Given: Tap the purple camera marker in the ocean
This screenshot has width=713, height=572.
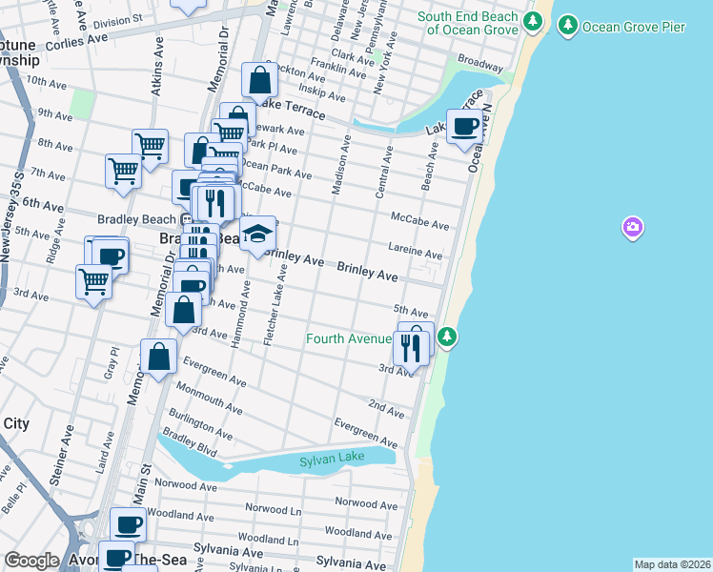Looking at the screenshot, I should coord(633,227).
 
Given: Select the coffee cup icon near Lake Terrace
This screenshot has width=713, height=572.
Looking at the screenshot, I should coord(465,127).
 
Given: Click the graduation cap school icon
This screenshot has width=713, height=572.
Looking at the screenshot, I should coord(257,233).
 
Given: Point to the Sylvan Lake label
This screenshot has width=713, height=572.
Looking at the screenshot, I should coord(332,460).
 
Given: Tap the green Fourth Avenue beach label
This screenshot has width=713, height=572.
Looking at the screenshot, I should coord(349,338).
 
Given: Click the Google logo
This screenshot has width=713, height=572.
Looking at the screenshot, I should coord(31,561).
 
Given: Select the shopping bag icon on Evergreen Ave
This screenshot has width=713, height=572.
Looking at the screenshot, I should coord(158,357).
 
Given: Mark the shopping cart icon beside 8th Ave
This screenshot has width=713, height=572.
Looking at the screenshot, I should coord(150,145).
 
